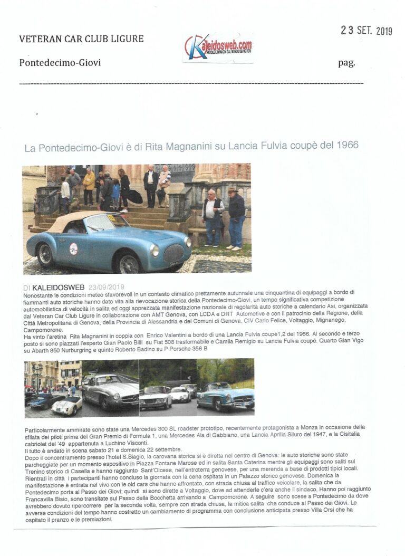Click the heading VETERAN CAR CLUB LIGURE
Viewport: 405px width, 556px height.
coord(81,39)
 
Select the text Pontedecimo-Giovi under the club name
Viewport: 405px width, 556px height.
coord(60,63)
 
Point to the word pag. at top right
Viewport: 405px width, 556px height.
coord(346,63)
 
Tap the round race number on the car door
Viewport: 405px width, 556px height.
coord(74,248)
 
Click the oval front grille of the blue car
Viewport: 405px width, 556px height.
coord(175,253)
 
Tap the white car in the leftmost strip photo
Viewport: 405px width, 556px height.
coord(67,405)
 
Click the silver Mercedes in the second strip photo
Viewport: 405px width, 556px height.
coord(110,391)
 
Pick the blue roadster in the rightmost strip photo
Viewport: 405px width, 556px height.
coord(224,396)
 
